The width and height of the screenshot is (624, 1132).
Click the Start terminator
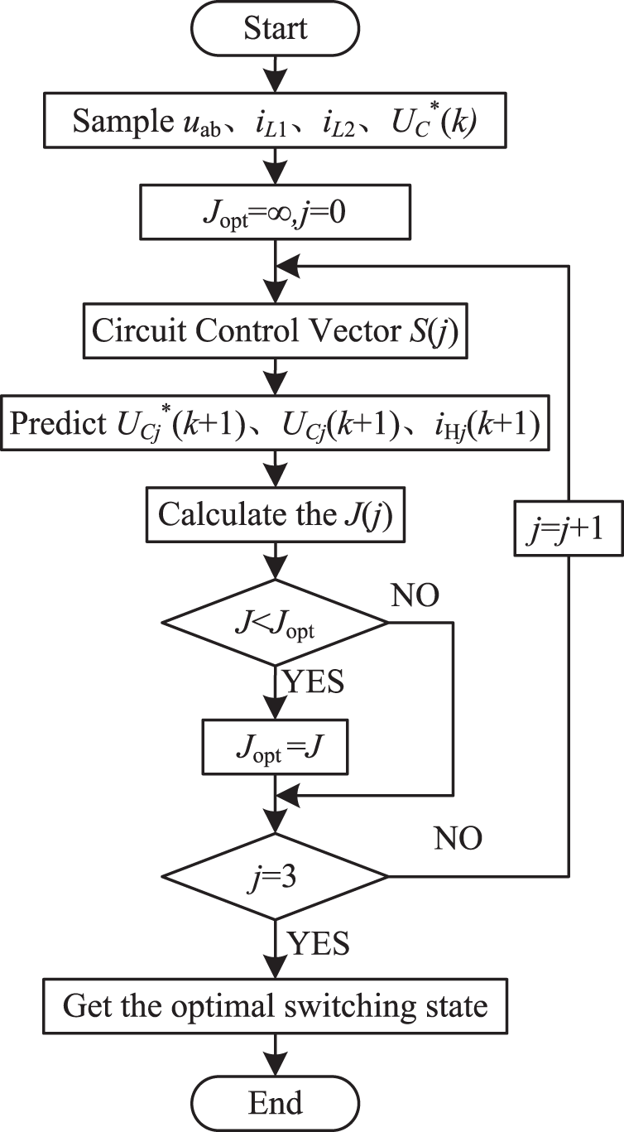tap(275, 30)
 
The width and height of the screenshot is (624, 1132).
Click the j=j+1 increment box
tap(569, 526)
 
